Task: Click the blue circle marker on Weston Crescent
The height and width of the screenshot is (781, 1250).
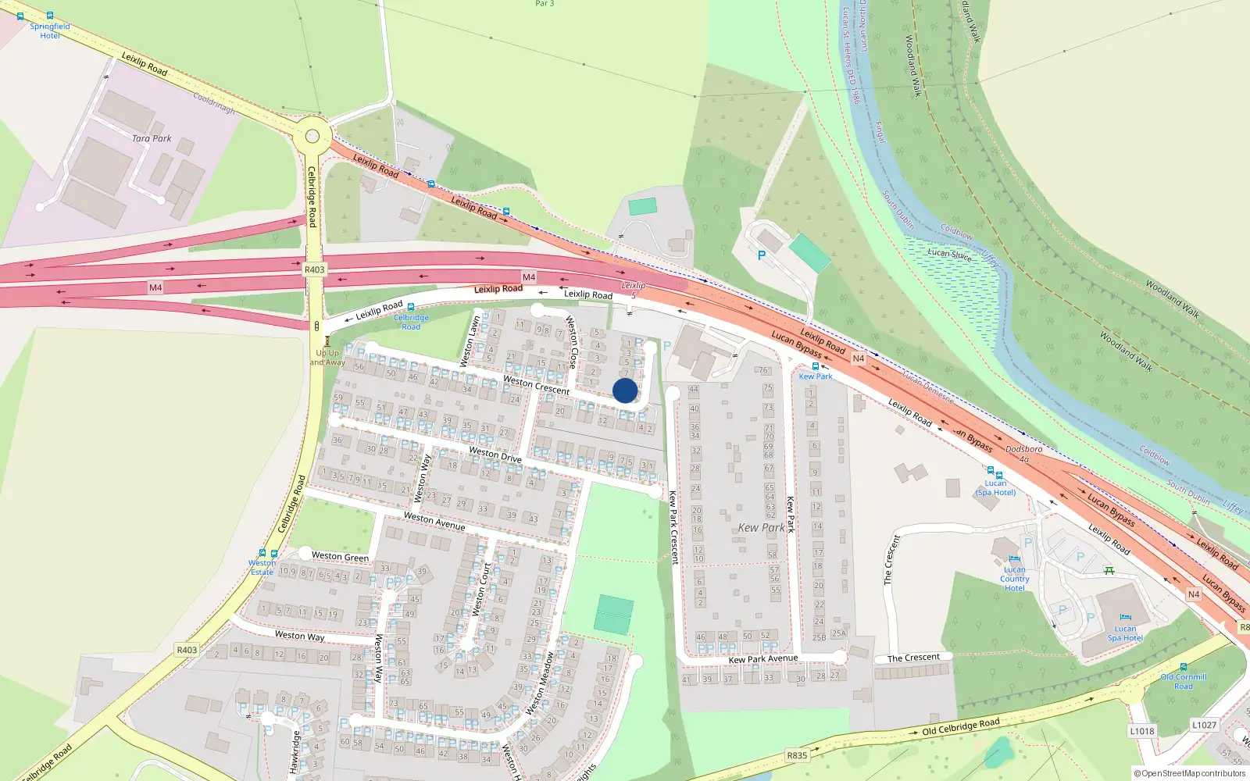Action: pos(625,390)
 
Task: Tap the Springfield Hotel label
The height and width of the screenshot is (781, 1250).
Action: pos(50,31)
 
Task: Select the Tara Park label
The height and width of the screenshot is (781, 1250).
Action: pos(152,138)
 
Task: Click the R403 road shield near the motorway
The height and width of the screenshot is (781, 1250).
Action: pos(314,269)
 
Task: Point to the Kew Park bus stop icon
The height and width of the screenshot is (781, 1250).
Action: pos(816,366)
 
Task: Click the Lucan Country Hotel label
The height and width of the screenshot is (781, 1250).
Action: pos(1014,579)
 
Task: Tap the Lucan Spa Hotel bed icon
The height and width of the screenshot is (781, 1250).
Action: pos(1125,617)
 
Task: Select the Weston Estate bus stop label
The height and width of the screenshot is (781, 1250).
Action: pos(262,567)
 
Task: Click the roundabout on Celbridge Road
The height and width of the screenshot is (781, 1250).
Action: pos(312,136)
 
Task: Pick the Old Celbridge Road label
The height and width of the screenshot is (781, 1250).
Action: pos(960,727)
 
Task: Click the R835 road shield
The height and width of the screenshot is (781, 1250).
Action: pos(797,755)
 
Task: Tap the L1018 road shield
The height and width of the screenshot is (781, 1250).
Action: pos(1141,731)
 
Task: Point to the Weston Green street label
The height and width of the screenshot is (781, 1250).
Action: pos(340,557)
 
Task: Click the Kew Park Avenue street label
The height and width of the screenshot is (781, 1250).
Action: pos(763,659)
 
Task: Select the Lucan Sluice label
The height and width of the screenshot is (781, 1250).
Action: pos(949,254)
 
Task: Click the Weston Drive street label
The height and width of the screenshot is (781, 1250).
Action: pos(495,454)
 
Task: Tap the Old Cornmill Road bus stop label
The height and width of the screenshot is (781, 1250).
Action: pos(1184,682)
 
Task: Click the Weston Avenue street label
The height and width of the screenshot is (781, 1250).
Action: pos(434,521)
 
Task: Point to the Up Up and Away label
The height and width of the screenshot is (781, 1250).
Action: pos(327,358)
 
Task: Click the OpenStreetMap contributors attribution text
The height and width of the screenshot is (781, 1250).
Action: pos(1190,773)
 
